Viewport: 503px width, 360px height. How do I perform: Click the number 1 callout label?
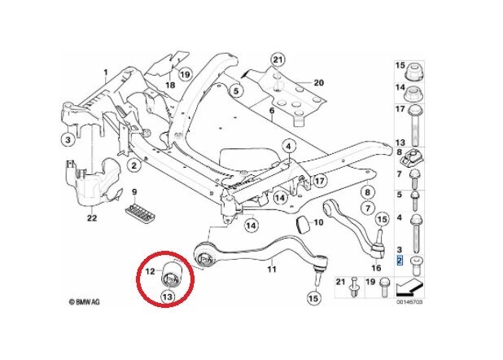[x=105, y=74]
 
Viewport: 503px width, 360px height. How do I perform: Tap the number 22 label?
[x=92, y=217]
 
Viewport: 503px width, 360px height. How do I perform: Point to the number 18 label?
[x=170, y=85]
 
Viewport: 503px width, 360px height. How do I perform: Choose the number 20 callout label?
[x=318, y=82]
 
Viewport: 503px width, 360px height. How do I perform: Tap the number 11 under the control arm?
[x=272, y=268]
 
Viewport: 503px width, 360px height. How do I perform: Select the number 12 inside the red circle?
[x=151, y=270]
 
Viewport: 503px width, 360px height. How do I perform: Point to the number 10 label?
[x=319, y=221]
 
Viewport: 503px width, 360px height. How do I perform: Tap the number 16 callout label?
[x=376, y=267]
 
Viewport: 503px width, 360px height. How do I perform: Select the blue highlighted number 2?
[x=399, y=260]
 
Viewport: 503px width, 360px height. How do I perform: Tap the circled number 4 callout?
[x=287, y=147]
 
